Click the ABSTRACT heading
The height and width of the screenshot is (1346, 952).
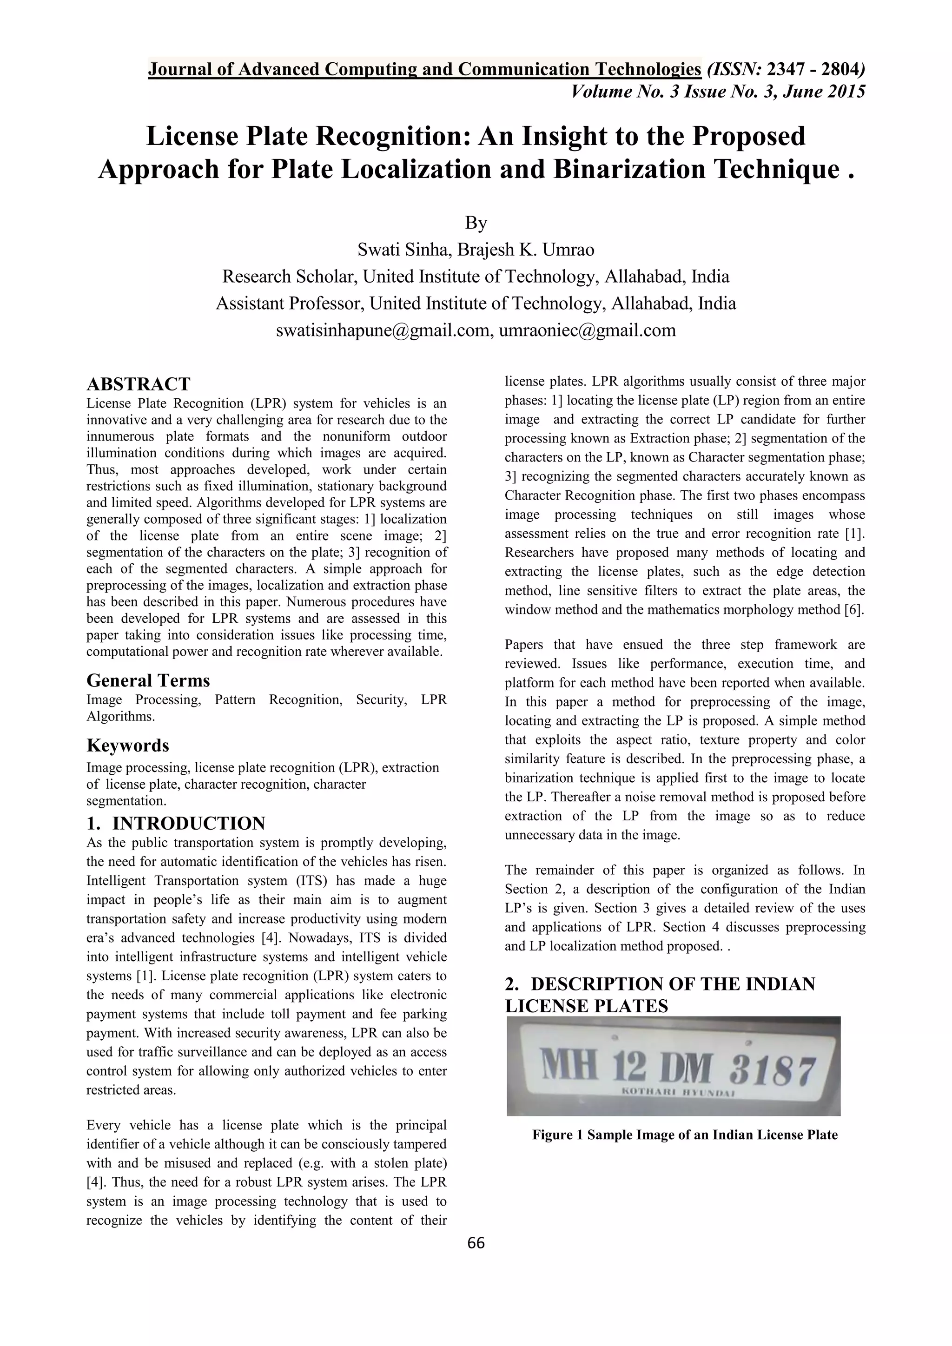pos(139,384)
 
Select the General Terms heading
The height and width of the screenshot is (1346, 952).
pos(148,680)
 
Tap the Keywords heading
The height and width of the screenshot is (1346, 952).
pos(128,745)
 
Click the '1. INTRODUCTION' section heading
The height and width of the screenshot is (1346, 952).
pos(176,823)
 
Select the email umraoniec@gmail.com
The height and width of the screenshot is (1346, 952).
pos(588,330)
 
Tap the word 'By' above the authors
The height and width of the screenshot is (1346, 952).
pos(476,223)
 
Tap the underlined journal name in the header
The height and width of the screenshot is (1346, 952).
pos(424,69)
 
